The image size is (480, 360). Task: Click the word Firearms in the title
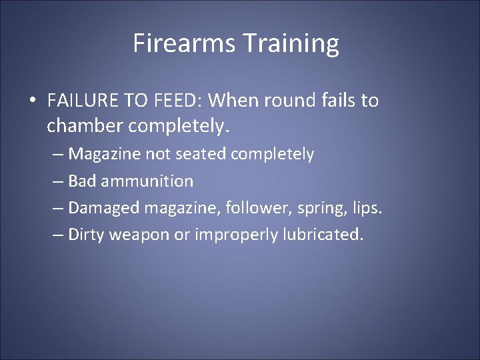click(175, 43)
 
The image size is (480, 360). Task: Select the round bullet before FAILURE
click(33, 101)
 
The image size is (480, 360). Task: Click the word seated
click(201, 154)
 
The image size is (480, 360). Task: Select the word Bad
click(81, 181)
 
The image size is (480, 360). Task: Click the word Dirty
click(87, 235)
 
